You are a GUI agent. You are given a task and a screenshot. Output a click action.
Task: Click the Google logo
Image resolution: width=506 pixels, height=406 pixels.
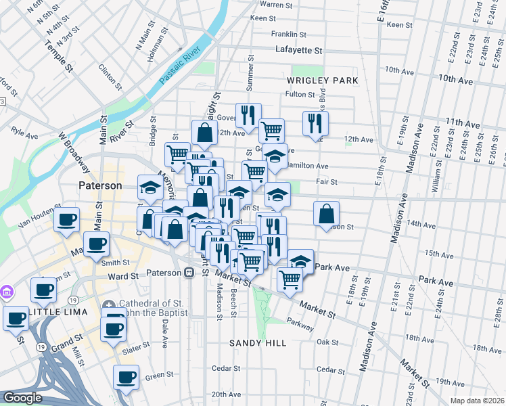point(22,398)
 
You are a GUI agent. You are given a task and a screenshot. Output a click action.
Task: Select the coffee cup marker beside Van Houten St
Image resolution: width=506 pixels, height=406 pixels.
point(67,220)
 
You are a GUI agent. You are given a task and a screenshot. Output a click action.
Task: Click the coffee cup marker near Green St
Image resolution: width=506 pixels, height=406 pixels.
point(125,378)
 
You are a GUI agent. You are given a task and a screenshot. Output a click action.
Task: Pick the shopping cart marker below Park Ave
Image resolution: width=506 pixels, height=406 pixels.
point(290,278)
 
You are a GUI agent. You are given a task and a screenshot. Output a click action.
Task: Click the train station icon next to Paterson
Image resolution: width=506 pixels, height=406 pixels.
point(189,272)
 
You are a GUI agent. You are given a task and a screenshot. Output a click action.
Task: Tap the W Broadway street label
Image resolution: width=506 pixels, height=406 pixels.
point(73,152)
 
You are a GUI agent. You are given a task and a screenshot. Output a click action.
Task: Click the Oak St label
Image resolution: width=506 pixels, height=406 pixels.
point(327,342)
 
